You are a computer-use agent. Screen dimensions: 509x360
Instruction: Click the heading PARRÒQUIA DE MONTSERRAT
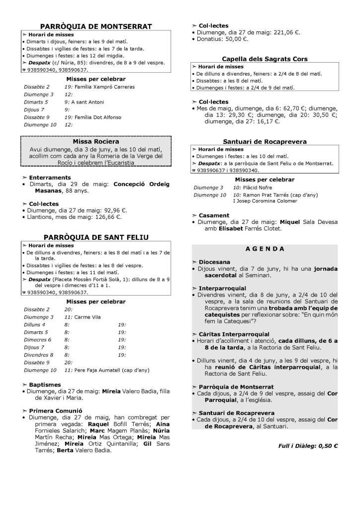point(96,26)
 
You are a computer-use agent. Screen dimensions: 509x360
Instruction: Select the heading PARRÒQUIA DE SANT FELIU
point(96,237)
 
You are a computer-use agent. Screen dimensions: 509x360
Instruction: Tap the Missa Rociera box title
point(96,141)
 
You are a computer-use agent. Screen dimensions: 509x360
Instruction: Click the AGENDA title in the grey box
point(265,248)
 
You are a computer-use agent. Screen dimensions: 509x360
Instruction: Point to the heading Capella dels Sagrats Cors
point(265,59)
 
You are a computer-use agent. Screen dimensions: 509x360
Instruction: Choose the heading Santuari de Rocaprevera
point(265,142)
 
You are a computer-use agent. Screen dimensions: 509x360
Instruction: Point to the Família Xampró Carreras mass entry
point(100,87)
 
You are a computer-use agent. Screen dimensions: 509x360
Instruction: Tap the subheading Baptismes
point(45,385)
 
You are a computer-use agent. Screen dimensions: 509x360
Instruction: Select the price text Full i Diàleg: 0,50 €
point(308,445)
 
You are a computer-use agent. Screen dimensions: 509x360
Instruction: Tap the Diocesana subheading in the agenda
point(214,261)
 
